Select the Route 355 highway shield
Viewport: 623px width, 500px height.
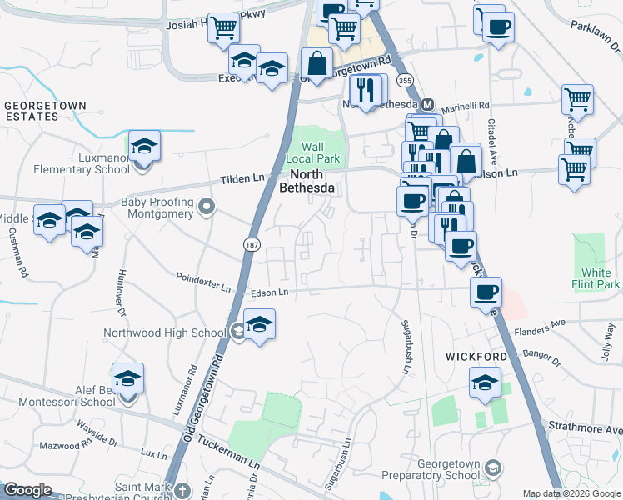point(405,81)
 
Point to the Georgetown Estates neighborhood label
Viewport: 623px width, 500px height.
point(45,112)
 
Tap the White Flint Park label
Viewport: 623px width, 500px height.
point(601,278)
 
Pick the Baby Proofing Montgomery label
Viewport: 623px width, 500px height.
point(157,207)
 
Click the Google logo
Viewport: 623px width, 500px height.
point(27,490)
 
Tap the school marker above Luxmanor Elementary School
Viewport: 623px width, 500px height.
point(144,145)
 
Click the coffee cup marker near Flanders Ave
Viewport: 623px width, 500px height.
point(486,292)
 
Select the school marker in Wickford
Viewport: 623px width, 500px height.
point(484,382)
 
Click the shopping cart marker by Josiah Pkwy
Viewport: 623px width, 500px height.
point(223,28)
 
